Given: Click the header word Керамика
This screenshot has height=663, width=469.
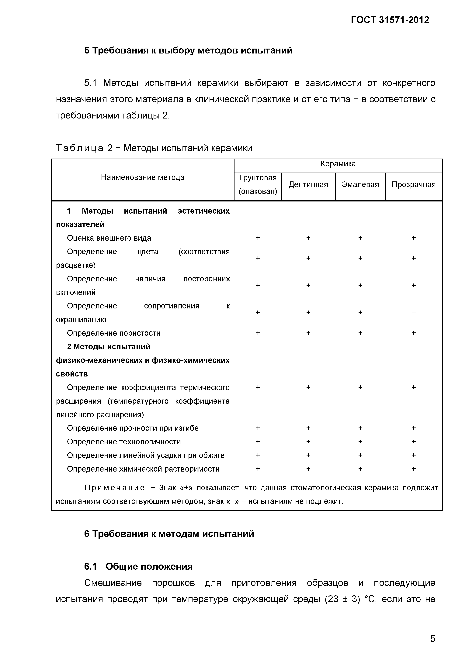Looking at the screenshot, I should pos(338,164).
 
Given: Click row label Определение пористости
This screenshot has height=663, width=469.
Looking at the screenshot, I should pos(114,333).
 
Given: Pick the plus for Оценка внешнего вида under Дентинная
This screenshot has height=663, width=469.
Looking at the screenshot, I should pos(308,238).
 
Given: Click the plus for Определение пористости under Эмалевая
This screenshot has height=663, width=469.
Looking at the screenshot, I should pos(360,333).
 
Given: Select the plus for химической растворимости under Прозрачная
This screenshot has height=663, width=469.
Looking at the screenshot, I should pos(414,469).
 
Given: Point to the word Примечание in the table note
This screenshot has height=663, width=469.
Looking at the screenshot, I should pos(114,488).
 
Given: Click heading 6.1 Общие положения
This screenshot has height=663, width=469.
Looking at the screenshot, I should pos(138,566).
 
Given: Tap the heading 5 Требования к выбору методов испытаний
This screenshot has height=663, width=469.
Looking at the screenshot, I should pos(188,50).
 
